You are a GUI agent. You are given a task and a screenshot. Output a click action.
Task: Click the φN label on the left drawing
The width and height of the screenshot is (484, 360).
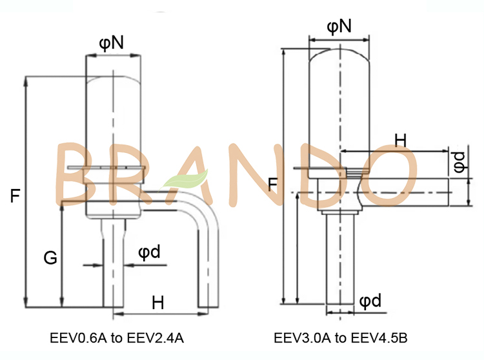[112, 43]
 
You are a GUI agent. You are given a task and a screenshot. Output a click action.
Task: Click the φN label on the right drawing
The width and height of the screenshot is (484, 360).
[339, 26]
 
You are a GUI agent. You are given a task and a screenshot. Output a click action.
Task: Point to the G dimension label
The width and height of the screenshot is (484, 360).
[50, 259]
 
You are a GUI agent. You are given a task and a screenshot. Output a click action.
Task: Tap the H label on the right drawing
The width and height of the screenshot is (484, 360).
[400, 139]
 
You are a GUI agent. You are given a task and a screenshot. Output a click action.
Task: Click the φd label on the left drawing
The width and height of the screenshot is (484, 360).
[149, 252]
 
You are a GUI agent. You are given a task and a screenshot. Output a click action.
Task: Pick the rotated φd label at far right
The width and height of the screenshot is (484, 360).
[458, 161]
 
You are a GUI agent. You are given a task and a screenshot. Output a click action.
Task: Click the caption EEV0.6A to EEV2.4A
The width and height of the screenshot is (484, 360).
[119, 337]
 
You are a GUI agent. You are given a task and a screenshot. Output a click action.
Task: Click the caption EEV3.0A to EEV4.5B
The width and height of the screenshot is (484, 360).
[340, 337]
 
